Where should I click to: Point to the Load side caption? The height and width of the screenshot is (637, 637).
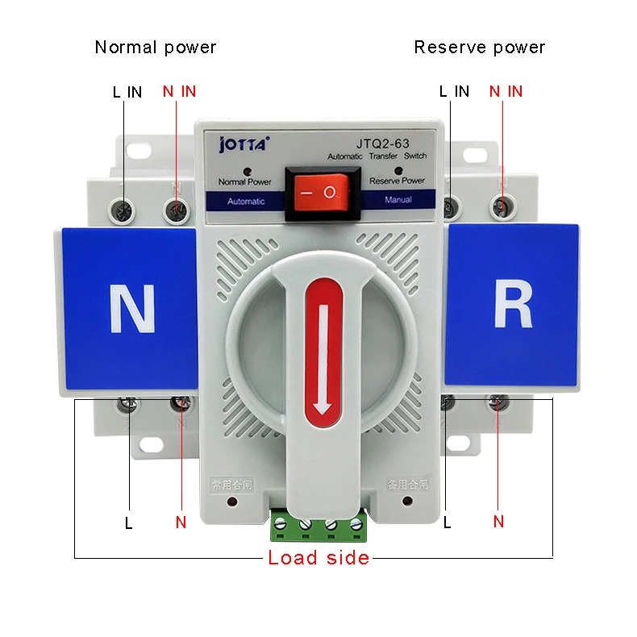point(318,557)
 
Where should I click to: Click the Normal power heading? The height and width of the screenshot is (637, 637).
point(156,47)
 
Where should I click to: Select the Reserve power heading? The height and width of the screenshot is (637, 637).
point(479,47)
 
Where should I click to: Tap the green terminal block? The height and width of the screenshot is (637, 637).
point(318,525)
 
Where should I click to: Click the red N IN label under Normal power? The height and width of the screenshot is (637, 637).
point(179,91)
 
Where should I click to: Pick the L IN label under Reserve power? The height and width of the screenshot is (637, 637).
point(454,91)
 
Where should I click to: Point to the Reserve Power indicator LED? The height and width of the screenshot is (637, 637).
point(395,171)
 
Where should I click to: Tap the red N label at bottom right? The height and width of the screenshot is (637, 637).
point(498,522)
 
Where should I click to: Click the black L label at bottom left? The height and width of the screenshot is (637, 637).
point(128,523)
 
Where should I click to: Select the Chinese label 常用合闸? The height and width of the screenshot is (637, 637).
point(231,485)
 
